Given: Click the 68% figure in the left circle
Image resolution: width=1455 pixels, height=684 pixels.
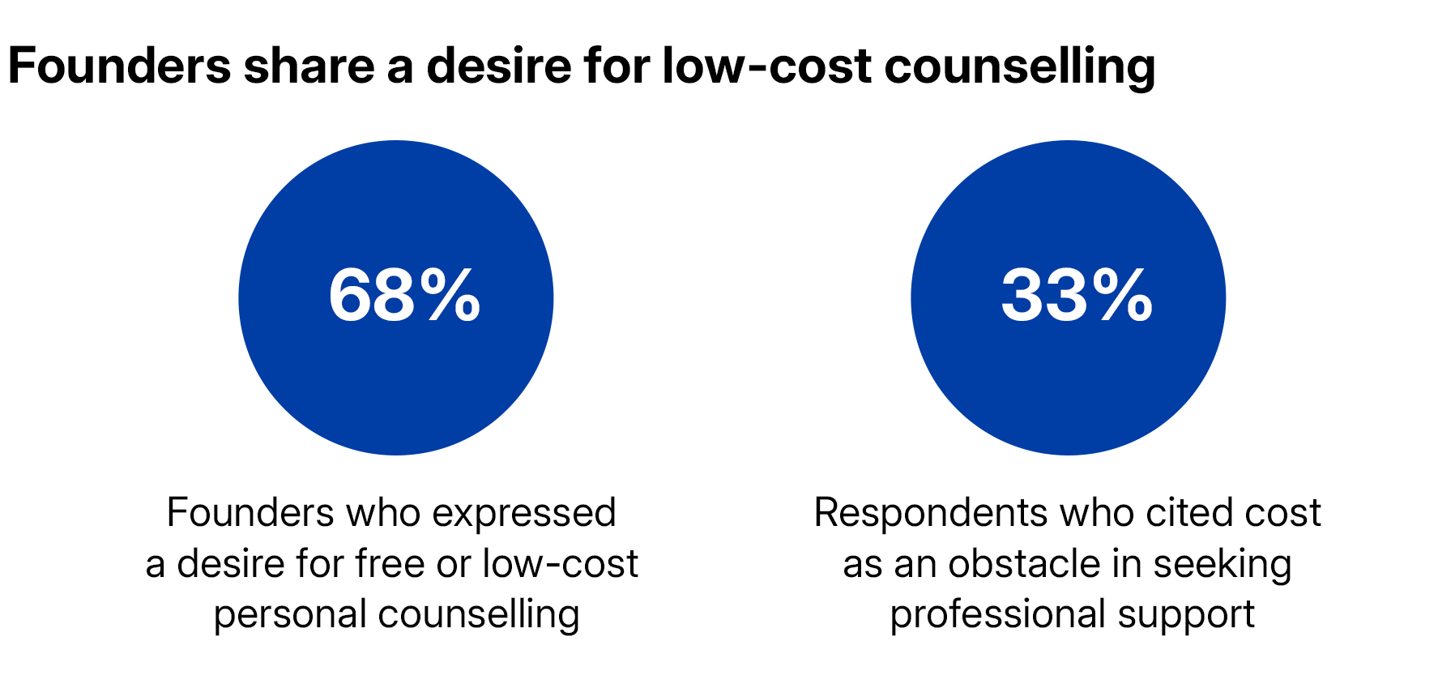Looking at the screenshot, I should click(x=403, y=297).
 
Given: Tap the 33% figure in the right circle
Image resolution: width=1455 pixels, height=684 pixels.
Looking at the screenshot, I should click(x=1076, y=297).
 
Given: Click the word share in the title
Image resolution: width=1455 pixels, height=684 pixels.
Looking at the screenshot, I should click(x=309, y=66).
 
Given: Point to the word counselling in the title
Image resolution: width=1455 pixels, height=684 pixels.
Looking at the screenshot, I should click(x=1019, y=66).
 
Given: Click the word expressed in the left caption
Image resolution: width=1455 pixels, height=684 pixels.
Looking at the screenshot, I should click(x=524, y=514).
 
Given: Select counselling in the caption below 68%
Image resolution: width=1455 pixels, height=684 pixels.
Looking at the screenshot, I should click(x=479, y=614).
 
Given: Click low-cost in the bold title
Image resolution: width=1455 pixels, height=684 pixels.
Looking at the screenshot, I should click(x=766, y=66).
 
